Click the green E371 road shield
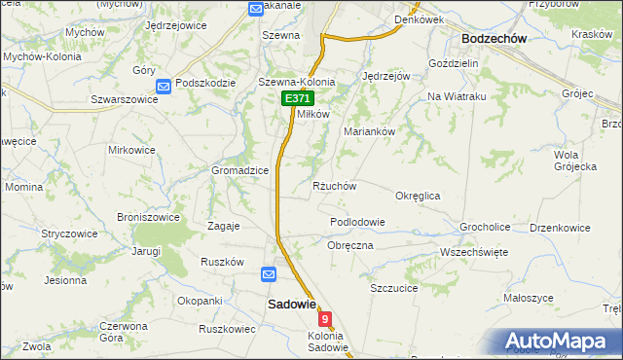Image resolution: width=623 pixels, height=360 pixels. tap(297, 99)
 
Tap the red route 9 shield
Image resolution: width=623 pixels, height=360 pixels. tap(324, 318)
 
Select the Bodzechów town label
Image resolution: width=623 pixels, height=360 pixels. tap(494, 38)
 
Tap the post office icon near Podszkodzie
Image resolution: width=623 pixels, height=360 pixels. tap(164, 87)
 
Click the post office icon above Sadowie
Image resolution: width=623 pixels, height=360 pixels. tap(269, 275)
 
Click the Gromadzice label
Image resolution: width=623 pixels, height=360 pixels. tap(240, 170)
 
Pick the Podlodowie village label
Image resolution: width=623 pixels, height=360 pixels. tap(357, 222)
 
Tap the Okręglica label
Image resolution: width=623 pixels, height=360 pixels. tap(418, 196)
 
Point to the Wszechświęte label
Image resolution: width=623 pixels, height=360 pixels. tap(474, 251)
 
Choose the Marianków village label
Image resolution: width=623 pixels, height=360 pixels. tap(369, 130)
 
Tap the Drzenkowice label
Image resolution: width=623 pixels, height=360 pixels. tap(560, 228)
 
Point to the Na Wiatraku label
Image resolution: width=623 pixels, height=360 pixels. tap(457, 98)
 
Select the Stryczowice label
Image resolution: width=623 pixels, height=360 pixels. tap(68, 234)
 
